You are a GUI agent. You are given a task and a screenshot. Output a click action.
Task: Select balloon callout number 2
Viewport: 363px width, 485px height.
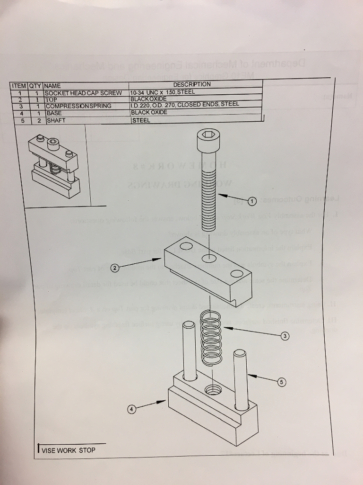pyautogui.click(x=115, y=269)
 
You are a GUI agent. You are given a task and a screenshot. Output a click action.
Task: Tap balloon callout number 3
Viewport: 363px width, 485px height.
pyautogui.click(x=284, y=336)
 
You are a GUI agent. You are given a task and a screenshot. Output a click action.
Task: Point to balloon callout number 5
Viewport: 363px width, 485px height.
pyautogui.click(x=282, y=381)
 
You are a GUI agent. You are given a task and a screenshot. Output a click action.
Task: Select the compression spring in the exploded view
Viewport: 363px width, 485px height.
pyautogui.click(x=211, y=337)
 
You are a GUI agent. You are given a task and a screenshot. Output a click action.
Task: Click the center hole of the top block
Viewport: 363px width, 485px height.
pyautogui.click(x=208, y=259)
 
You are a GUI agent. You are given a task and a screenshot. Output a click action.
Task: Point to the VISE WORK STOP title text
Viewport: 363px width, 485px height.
pyautogui.click(x=68, y=450)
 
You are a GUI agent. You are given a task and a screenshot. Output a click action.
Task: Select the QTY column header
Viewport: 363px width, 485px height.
pyautogui.click(x=35, y=86)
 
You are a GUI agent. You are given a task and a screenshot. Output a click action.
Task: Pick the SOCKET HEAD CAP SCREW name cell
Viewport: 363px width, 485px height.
pyautogui.click(x=83, y=93)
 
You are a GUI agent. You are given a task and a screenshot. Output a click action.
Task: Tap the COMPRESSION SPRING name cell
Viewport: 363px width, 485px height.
pyautogui.click(x=78, y=106)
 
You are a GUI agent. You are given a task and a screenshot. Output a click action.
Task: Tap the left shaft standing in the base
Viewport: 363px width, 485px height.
pyautogui.click(x=190, y=350)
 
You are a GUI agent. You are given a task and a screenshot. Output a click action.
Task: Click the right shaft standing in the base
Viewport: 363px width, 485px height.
pyautogui.click(x=241, y=378)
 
